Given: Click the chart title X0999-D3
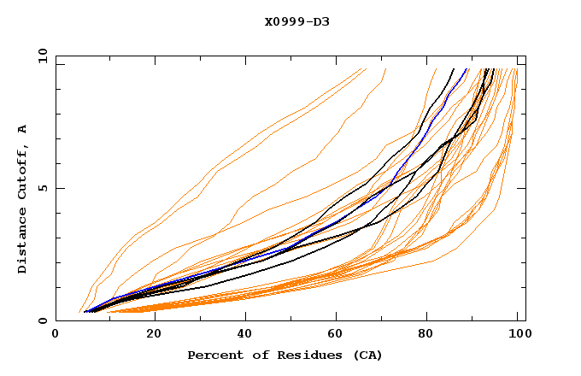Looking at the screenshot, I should [x=296, y=21].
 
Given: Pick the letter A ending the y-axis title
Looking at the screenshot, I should [x=23, y=129].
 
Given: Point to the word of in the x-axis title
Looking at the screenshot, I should [x=255, y=355].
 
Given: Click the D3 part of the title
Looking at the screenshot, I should [x=320, y=21].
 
